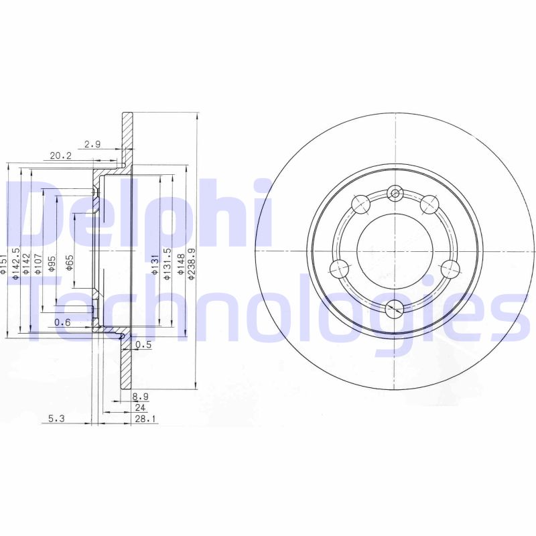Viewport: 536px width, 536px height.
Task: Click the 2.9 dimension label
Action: (x=92, y=144)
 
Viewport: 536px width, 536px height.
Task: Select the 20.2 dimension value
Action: (x=61, y=155)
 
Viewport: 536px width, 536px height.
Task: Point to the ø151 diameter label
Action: (x=3, y=264)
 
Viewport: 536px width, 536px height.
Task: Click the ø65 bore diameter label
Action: (x=70, y=263)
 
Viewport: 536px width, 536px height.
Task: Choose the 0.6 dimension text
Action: (x=62, y=322)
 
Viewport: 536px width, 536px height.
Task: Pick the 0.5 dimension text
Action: (x=143, y=344)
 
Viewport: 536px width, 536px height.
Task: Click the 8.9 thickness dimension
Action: (x=141, y=397)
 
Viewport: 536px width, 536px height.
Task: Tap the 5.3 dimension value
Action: (x=56, y=418)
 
